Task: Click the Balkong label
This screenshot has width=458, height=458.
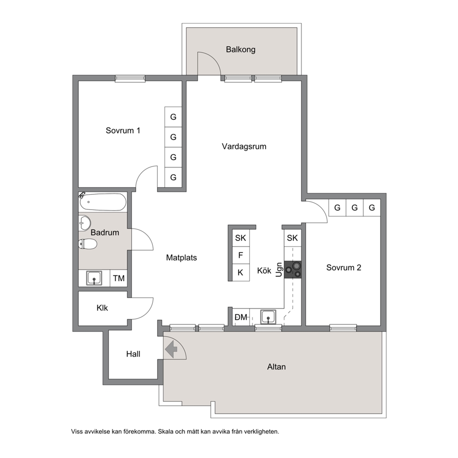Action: point(241,49)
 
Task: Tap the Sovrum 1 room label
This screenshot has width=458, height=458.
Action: point(123,130)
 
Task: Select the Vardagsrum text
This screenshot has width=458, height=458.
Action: point(244,146)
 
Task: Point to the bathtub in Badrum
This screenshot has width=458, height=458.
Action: point(103,202)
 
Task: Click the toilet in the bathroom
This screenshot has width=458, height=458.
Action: point(88,244)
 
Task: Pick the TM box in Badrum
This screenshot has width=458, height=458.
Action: point(119,278)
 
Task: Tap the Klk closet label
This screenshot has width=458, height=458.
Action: point(102,308)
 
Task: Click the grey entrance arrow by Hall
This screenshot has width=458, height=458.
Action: point(171,349)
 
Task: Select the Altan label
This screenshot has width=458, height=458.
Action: point(276,367)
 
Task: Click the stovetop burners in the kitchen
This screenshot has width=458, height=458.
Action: point(293,269)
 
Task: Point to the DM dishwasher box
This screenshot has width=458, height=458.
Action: point(241,317)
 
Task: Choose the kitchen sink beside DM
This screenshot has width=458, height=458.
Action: point(268,317)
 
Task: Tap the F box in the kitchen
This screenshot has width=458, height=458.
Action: point(241,255)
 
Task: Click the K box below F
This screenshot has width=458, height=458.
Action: point(241,272)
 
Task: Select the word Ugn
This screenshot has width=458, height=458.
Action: point(279,270)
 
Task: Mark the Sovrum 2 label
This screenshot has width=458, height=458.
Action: point(343,268)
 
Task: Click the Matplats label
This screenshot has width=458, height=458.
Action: point(181,258)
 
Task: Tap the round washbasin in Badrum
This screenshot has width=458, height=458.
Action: point(84,223)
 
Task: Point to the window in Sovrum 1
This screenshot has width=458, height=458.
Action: point(130,78)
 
